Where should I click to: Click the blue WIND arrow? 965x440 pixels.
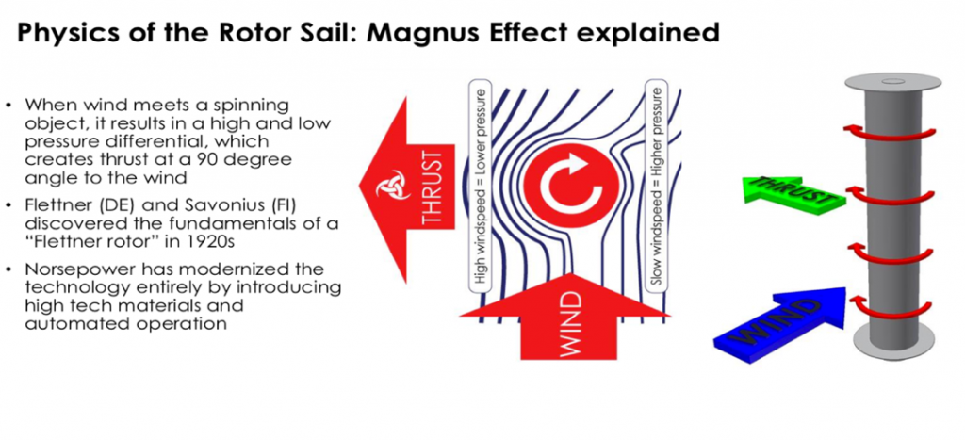point(777,325)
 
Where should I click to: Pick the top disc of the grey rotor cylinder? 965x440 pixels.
point(893,82)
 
